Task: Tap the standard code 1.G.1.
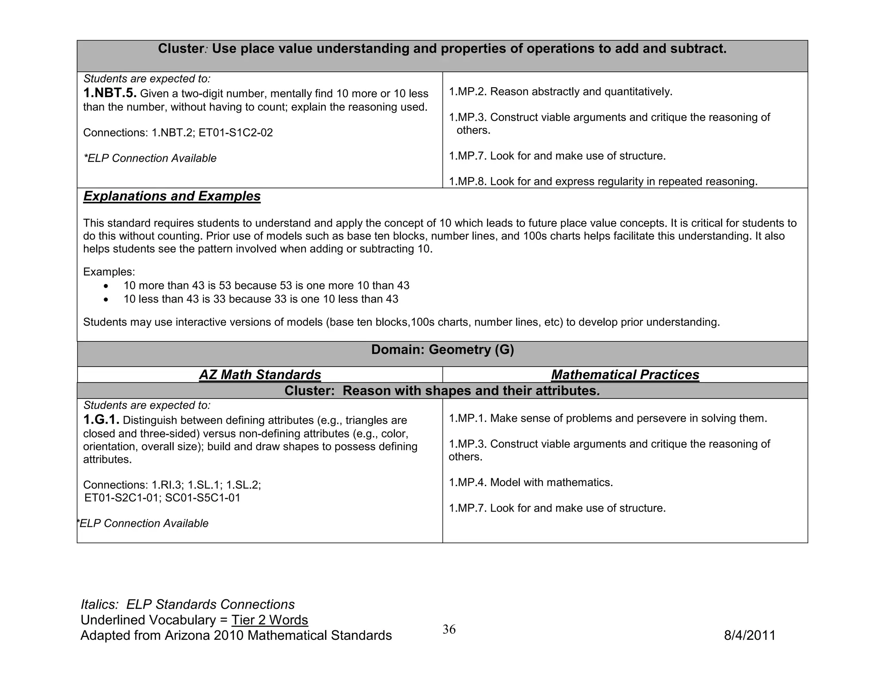click(101, 420)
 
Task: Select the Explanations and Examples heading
click(172, 196)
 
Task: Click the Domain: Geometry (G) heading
click(442, 350)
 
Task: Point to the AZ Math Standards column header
click(260, 375)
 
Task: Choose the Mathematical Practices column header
click(625, 375)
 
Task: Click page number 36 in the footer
click(449, 629)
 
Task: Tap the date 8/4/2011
click(750, 636)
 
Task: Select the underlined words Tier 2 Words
click(270, 620)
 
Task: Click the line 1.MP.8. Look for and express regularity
click(603, 182)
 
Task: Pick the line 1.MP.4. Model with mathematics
click(531, 483)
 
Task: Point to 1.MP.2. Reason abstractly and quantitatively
click(560, 92)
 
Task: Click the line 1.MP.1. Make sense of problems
click(608, 418)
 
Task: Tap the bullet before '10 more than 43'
click(106, 286)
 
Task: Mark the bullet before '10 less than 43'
click(106, 300)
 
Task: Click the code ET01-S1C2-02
click(236, 133)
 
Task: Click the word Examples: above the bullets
click(109, 272)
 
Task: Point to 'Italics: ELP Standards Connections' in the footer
click(188, 604)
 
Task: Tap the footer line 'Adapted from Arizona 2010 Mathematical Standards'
click(236, 636)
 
